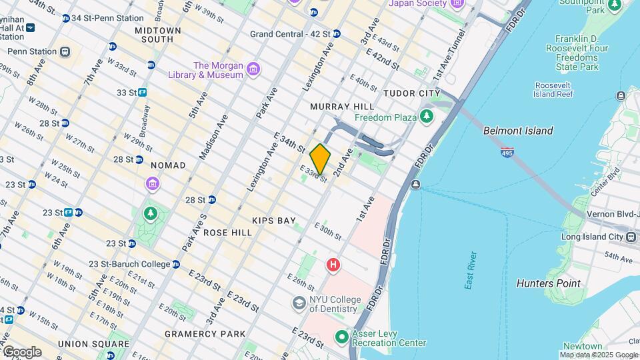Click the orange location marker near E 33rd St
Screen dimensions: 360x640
pos(320,159)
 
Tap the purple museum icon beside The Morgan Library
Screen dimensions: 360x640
pos(253,70)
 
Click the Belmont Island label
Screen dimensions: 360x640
pos(518,131)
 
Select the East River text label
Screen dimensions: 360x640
pos(471,270)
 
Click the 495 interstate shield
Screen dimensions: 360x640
pos(507,153)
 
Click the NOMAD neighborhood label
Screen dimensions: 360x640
pos(168,165)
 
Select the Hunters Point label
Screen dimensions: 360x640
pos(548,283)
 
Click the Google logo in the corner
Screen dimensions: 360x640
pos(21,351)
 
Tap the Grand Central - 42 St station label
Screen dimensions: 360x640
pos(291,33)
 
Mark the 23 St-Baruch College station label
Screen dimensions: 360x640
pos(129,264)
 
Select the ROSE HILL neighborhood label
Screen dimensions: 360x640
pos(227,233)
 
